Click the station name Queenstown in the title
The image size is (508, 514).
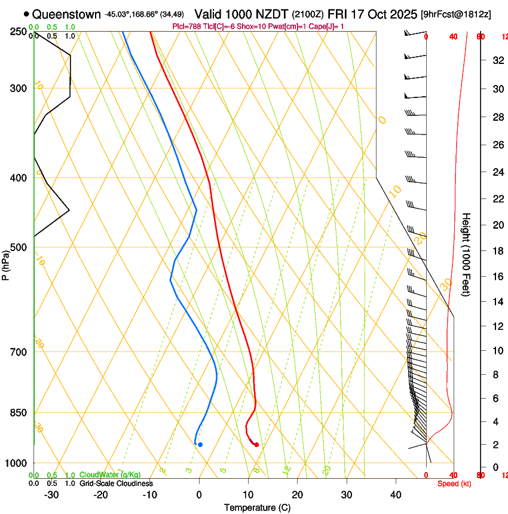pos(66,14)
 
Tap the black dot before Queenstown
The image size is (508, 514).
pos(26,14)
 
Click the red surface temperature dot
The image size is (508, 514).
pos(256,445)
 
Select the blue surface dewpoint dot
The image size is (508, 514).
pos(200,445)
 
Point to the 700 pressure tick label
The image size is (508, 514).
pos(19,352)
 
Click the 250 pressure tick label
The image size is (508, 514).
pos(19,31)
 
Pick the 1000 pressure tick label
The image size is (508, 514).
pos(17,463)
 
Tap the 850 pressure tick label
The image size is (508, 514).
pos(19,413)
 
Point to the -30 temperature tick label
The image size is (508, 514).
pos(51,495)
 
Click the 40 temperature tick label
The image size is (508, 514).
pos(396,495)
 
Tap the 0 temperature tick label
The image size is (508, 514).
pos(199,495)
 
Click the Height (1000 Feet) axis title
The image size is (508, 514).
pos(467,255)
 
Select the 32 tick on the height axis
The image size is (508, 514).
pos(497,60)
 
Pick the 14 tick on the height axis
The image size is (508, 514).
pos(497,302)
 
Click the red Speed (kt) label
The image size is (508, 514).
pos(454,484)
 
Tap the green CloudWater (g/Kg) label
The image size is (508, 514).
pos(110,475)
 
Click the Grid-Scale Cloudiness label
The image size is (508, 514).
pos(116,484)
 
